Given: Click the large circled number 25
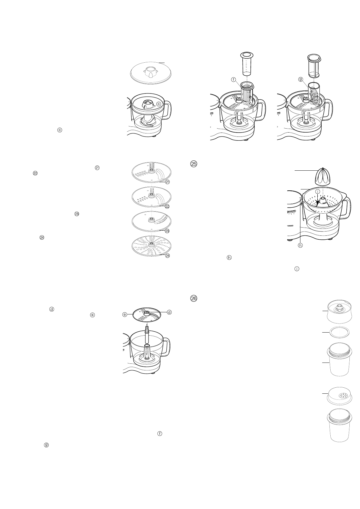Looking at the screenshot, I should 194,164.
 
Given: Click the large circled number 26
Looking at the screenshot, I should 194,298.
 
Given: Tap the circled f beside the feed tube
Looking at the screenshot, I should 234,80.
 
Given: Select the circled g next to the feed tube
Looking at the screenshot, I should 300,80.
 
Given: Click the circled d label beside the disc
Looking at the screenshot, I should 169,312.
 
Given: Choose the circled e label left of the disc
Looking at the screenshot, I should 124,315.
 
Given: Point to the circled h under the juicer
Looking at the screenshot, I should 300,245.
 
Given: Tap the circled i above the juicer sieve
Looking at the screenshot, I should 318,192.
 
